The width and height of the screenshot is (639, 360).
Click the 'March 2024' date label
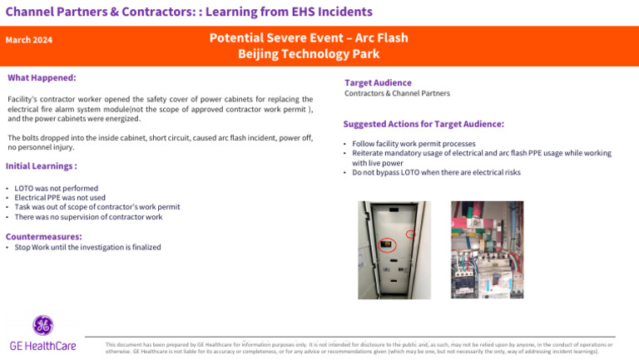click(x=29, y=40)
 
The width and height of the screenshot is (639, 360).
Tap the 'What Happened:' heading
click(x=42, y=78)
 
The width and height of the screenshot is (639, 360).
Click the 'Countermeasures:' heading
click(x=43, y=237)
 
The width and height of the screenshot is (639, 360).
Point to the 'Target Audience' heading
click(x=378, y=83)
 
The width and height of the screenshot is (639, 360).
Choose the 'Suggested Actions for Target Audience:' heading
click(x=424, y=124)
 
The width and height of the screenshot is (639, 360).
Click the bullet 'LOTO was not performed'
click(x=56, y=189)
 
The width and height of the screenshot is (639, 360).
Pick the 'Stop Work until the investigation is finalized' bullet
click(x=87, y=248)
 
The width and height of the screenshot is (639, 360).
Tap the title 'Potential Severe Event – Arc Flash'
click(x=309, y=38)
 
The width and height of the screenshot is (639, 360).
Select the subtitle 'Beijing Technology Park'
click(x=309, y=54)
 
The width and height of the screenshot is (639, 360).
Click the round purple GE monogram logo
click(x=42, y=326)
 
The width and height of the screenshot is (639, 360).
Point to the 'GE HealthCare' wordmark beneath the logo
click(x=42, y=346)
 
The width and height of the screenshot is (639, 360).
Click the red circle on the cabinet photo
click(x=410, y=234)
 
